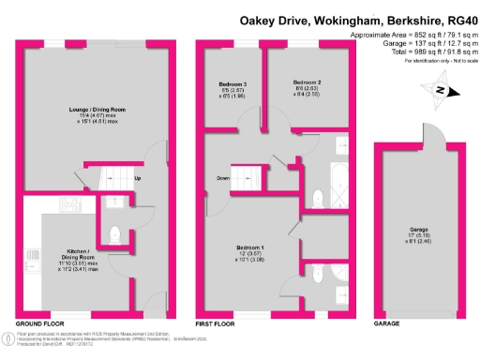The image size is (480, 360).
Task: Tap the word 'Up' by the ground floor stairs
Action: pos(138,178)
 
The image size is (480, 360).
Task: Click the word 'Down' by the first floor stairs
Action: pos(223,178)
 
